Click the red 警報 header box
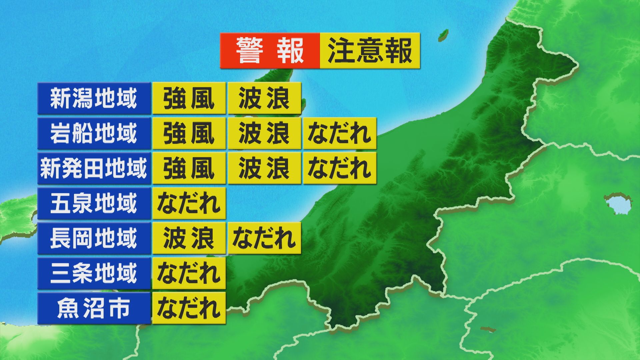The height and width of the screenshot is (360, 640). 270,51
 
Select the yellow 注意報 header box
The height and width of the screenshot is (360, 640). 370,51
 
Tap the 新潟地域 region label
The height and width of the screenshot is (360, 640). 94,99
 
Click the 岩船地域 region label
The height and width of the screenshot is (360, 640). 94,133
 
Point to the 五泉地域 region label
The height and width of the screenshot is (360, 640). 94,203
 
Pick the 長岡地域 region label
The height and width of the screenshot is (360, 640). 94,238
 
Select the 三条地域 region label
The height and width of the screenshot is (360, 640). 94,273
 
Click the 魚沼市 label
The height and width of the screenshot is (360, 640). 94,308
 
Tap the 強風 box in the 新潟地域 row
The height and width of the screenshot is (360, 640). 189,99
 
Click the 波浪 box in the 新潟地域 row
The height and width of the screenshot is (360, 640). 264,99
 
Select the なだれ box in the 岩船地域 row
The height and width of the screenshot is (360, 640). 340,133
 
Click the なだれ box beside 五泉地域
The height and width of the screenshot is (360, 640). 189,203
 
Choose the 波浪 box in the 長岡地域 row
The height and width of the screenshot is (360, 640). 189,238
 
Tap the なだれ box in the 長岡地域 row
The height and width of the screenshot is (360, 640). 264,238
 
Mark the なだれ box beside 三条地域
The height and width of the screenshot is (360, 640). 189,273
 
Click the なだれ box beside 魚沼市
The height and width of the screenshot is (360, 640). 189,308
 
